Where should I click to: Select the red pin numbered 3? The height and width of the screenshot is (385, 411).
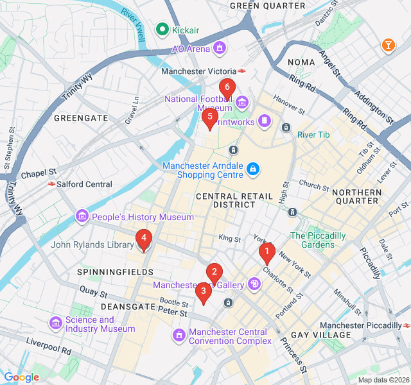[x=204, y=292]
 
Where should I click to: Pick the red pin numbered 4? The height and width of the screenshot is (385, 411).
[x=144, y=239]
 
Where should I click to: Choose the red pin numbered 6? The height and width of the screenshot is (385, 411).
[x=226, y=87]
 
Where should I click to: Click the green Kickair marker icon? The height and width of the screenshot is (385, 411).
[x=162, y=29]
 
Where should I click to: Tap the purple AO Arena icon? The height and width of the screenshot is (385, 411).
[x=220, y=48]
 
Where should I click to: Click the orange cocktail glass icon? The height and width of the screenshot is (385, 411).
[x=389, y=45]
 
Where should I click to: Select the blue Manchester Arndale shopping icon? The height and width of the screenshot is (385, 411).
[x=254, y=169]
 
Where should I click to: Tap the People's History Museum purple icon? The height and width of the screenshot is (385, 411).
[x=82, y=217]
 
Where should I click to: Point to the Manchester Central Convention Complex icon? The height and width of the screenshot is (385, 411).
[x=179, y=335]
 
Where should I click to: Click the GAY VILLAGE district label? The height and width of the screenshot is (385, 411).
[x=321, y=335]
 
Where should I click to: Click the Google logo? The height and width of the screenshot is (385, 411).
[x=21, y=377]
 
